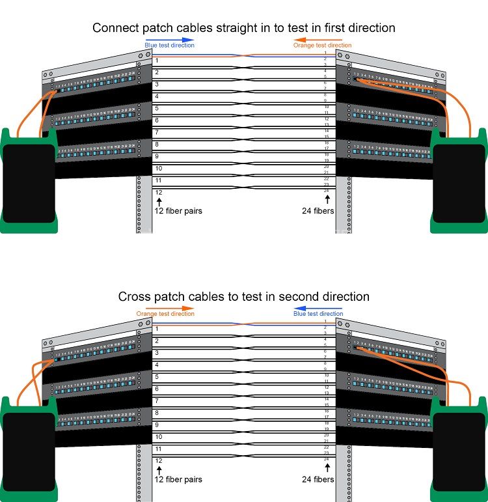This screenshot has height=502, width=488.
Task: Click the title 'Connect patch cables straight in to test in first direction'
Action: (x=244, y=28)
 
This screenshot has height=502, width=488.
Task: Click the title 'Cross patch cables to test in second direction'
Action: (x=244, y=297)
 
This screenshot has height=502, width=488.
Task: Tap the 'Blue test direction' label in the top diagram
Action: (x=169, y=46)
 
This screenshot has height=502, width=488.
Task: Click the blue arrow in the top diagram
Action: (x=169, y=39)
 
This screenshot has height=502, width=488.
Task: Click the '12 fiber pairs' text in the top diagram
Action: (x=178, y=211)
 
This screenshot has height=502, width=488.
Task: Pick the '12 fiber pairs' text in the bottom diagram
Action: (x=178, y=479)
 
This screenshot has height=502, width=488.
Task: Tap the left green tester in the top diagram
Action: (x=28, y=182)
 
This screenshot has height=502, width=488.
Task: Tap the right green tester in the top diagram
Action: (x=459, y=182)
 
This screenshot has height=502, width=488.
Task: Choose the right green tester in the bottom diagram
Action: (x=459, y=449)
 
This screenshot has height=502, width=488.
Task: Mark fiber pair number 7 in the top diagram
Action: (x=157, y=133)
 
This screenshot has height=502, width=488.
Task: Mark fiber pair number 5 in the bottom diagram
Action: (x=157, y=377)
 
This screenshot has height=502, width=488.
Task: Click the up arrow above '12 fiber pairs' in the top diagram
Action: (x=158, y=201)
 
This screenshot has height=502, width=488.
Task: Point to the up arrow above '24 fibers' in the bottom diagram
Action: (x=327, y=468)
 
